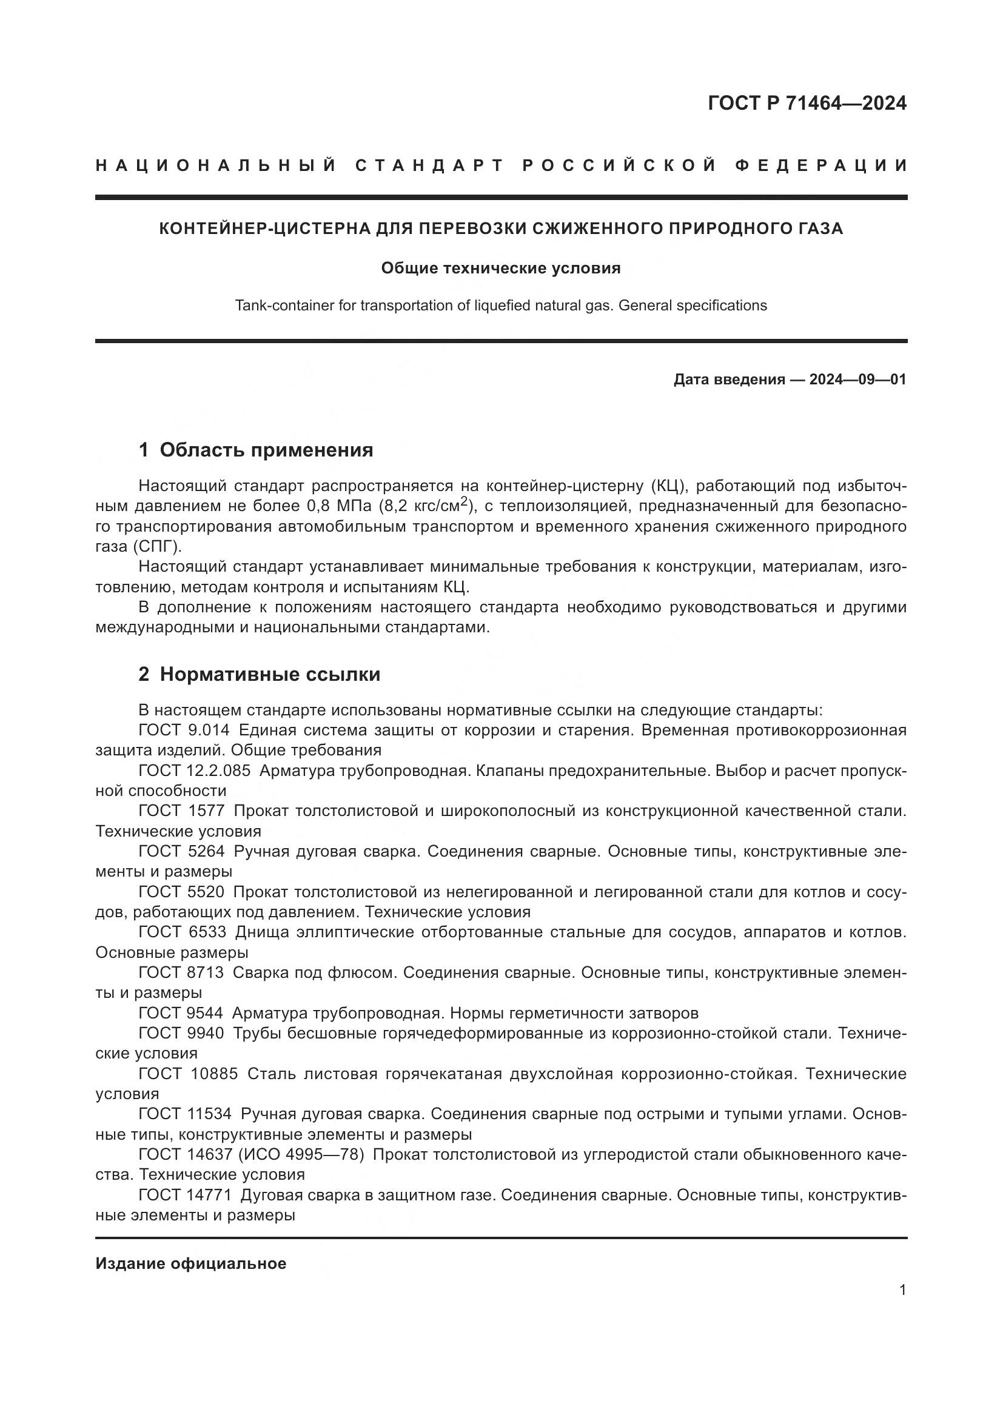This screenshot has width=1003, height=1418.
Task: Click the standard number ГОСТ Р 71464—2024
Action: tap(807, 103)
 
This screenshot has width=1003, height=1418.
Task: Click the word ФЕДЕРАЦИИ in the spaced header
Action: tap(821, 166)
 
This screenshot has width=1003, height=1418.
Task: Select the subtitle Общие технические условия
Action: tap(500, 269)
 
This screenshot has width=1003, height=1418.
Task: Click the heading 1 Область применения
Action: tap(256, 450)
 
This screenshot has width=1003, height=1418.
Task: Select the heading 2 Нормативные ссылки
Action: tap(259, 674)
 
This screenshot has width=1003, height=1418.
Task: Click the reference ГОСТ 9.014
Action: tap(184, 731)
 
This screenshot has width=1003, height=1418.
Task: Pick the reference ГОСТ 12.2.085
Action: tap(195, 771)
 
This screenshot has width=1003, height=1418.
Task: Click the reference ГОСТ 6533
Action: tap(182, 932)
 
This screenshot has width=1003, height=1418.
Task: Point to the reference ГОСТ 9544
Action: tap(181, 1013)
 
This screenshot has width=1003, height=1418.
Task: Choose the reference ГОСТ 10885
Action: tap(188, 1074)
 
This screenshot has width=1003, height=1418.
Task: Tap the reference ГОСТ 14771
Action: tap(185, 1195)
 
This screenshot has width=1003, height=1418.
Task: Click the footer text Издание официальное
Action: tap(191, 1263)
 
